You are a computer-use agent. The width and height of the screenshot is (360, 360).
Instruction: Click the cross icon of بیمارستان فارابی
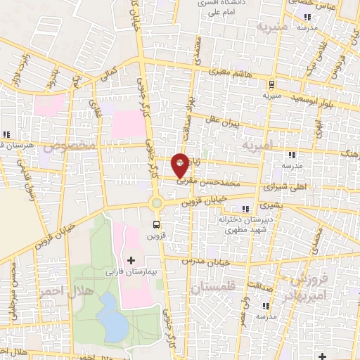[131, 260]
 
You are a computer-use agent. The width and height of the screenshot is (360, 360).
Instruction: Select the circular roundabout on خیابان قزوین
[157, 204]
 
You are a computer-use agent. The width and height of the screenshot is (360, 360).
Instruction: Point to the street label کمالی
[110, 72]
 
